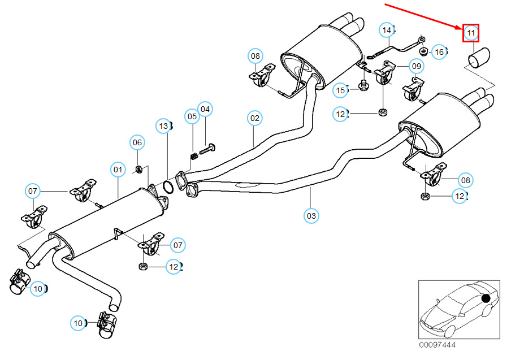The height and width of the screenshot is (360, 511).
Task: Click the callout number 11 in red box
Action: [x=471, y=33]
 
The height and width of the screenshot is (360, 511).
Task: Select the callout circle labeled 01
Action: [x=118, y=168]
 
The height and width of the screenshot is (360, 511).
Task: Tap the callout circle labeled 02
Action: [x=255, y=118]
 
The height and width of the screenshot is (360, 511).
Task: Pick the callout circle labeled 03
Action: [x=311, y=215]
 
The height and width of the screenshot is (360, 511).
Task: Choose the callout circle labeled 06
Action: [x=137, y=143]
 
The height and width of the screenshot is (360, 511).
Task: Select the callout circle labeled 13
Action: [x=164, y=126]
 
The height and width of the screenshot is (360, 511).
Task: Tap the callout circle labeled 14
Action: [x=387, y=29]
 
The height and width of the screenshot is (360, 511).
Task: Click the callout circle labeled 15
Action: [x=340, y=90]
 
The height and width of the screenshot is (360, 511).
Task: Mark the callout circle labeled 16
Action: [x=439, y=52]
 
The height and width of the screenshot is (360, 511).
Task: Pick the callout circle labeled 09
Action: [x=416, y=66]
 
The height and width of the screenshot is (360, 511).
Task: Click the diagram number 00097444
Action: [x=437, y=345]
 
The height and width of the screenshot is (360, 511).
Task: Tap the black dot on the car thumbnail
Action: [x=484, y=298]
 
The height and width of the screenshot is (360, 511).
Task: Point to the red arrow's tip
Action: [x=463, y=28]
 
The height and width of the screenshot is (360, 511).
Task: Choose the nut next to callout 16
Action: [x=424, y=51]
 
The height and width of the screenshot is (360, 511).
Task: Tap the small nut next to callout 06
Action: [x=138, y=169]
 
